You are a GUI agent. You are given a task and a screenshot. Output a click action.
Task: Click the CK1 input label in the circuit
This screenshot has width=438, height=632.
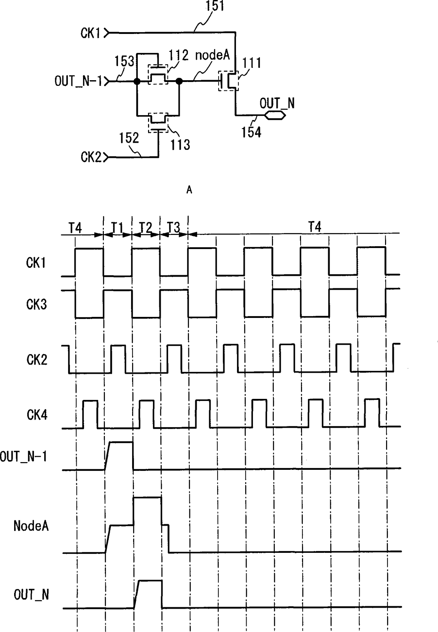click(90, 33)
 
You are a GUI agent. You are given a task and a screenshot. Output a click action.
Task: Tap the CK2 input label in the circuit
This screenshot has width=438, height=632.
click(91, 157)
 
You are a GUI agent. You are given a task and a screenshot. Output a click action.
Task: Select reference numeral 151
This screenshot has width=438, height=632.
click(215, 6)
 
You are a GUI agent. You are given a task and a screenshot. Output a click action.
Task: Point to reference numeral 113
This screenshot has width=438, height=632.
click(180, 144)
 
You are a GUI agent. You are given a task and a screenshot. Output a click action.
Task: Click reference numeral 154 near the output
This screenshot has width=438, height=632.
click(251, 132)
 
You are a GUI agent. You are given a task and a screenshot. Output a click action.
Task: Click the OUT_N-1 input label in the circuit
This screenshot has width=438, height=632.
click(78, 81)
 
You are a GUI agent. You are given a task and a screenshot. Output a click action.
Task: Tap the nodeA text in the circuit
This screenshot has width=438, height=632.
click(212, 55)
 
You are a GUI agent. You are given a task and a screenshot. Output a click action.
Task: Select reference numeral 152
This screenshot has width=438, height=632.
click(129, 138)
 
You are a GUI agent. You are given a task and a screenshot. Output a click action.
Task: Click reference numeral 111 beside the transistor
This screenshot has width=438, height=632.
click(251, 63)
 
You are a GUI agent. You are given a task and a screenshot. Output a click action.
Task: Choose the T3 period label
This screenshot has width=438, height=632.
click(173, 227)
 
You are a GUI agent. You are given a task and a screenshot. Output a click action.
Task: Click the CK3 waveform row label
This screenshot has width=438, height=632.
click(36, 304)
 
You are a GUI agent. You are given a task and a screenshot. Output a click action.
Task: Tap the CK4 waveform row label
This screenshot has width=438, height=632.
click(37, 415)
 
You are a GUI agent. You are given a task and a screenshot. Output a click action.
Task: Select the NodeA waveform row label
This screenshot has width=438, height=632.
click(31, 526)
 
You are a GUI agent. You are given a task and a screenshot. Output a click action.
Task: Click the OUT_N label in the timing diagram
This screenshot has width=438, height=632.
click(31, 595)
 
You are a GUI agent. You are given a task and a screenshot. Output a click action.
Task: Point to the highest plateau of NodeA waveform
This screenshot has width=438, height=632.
click(147, 498)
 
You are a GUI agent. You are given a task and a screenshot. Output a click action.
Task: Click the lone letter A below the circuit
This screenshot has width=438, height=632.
click(189, 190)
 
